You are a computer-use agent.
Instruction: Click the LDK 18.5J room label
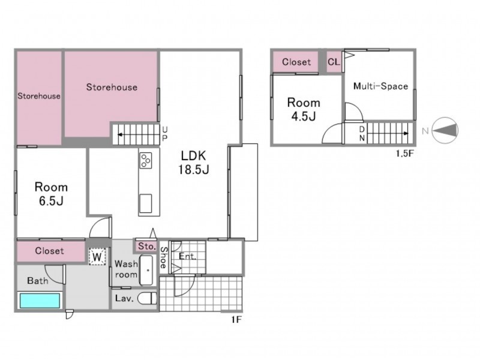(x=194, y=163)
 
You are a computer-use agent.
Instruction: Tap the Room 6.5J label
(x=51, y=194)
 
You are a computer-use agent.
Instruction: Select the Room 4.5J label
(x=304, y=109)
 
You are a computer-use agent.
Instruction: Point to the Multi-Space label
(x=380, y=86)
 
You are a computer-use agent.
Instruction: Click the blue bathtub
(x=40, y=301)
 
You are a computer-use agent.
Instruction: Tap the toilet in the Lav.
(x=147, y=298)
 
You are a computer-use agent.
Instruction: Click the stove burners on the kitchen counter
(x=146, y=160)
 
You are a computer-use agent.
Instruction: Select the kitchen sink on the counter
(x=145, y=203)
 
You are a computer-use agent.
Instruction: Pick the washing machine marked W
(x=97, y=257)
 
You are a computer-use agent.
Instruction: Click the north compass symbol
(x=445, y=131)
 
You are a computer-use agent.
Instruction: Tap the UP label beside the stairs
(x=164, y=134)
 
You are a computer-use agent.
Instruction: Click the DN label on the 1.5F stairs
(x=362, y=133)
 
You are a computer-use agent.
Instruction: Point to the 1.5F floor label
(x=404, y=154)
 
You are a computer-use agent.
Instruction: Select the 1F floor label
(x=236, y=320)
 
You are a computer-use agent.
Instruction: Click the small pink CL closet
(x=334, y=62)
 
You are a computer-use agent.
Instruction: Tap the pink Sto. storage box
(x=146, y=246)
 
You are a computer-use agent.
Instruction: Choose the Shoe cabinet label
(x=164, y=258)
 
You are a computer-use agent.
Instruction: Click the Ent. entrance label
(x=187, y=256)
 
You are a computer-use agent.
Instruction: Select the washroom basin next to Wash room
(x=146, y=270)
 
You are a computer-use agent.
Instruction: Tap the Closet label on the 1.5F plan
(x=296, y=62)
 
